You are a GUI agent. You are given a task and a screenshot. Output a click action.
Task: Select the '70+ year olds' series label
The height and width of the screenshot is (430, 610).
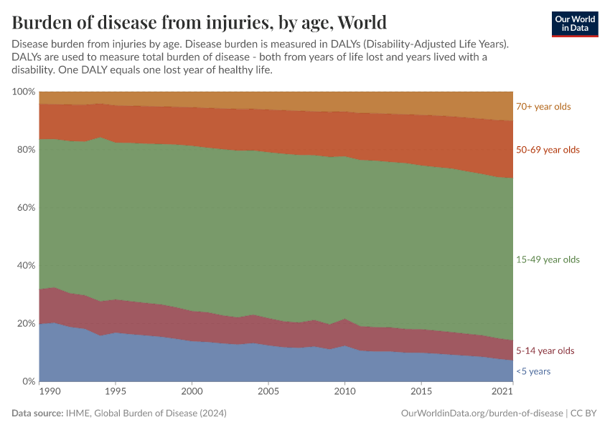(x=543, y=107)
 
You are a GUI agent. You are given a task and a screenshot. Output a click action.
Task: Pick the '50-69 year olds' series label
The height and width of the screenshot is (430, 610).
(x=548, y=150)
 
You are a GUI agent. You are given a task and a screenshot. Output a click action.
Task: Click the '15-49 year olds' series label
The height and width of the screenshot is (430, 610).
(x=548, y=259)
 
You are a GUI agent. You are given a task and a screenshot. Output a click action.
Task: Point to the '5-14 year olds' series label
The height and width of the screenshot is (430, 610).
(x=545, y=351)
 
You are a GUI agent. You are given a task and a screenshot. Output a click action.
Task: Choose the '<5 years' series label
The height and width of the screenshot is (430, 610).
(x=533, y=371)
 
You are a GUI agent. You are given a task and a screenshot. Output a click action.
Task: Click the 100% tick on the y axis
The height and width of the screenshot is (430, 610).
(x=24, y=92)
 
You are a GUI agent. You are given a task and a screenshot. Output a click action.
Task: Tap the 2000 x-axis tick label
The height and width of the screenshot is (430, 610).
(x=192, y=393)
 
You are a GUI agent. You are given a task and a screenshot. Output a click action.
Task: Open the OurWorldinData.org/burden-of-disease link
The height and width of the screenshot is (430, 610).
(x=480, y=414)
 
